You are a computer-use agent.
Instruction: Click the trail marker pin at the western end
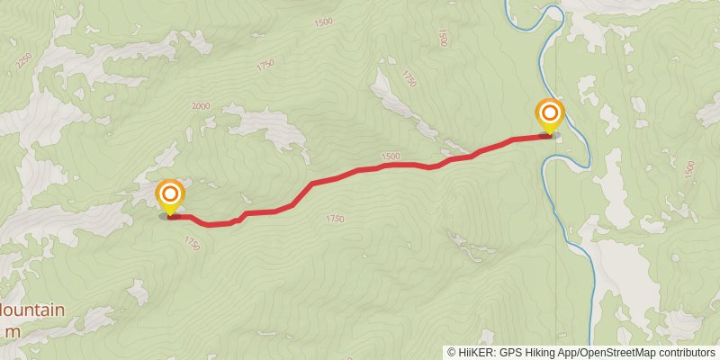170,196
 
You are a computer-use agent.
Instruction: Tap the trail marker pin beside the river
549,115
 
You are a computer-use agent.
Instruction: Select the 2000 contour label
201,106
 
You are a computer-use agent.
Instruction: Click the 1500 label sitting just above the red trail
390,156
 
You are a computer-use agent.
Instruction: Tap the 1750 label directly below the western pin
191,242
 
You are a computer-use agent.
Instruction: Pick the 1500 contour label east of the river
690,168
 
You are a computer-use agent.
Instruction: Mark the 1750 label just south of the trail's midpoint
335,219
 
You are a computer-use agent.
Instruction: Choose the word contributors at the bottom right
687,352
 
